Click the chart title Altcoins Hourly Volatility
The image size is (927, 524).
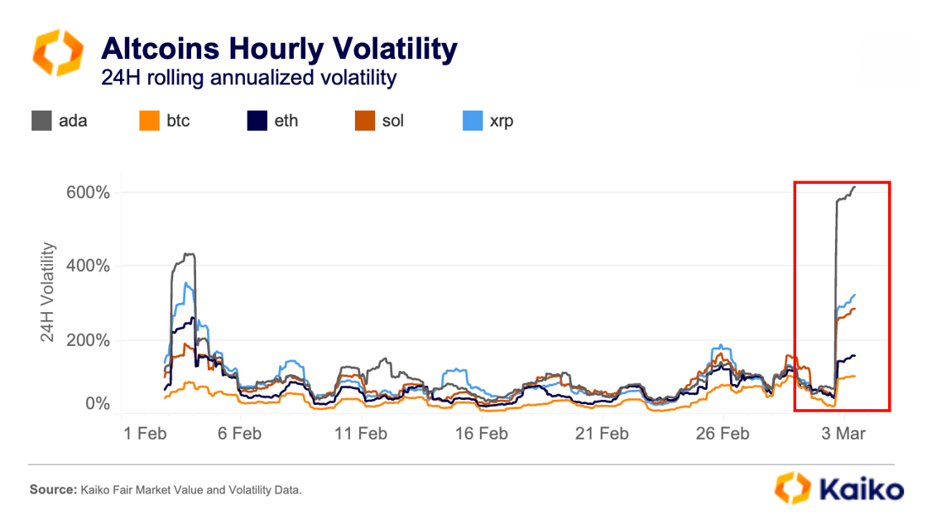[x=278, y=49]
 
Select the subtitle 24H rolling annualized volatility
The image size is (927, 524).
[x=248, y=78]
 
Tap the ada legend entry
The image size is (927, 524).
[x=60, y=121]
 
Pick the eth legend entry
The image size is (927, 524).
[x=273, y=121]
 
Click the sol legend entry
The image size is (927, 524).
[x=380, y=121]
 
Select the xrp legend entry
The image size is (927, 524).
[x=488, y=121]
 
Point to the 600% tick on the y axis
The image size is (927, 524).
[x=88, y=193]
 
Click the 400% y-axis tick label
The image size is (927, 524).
[x=88, y=267]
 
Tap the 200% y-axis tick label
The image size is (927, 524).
[x=88, y=340]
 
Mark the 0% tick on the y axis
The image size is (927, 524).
[x=95, y=404]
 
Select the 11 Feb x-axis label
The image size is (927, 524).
[x=360, y=433]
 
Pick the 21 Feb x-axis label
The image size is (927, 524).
[x=601, y=433]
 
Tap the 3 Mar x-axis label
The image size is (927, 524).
[x=843, y=433]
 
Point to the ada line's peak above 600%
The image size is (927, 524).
[x=854, y=187]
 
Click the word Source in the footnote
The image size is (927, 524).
[x=53, y=491]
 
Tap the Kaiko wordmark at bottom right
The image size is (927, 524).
[x=862, y=488]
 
